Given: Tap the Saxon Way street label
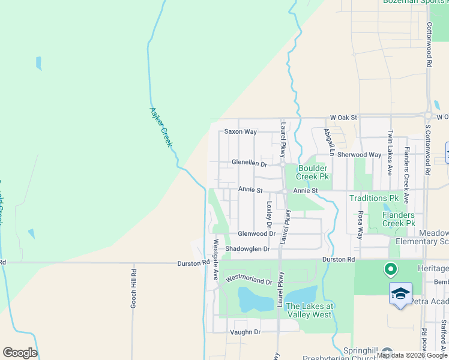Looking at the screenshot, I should tap(240, 131).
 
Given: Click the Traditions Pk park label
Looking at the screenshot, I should tap(374, 197).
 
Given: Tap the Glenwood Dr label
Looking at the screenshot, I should tap(256, 233).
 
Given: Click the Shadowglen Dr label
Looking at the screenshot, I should tap(247, 248).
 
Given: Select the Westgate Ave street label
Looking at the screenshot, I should tap(215, 260).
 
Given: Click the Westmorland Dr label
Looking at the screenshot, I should tap(249, 280).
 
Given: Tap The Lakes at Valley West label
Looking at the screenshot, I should tap(309, 310).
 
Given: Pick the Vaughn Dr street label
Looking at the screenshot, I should tap(245, 332).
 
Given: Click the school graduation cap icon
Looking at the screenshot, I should tap(400, 293).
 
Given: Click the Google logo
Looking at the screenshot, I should tap(20, 353).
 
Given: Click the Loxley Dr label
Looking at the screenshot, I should tap(270, 210).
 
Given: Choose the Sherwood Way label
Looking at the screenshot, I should tap(359, 155).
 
